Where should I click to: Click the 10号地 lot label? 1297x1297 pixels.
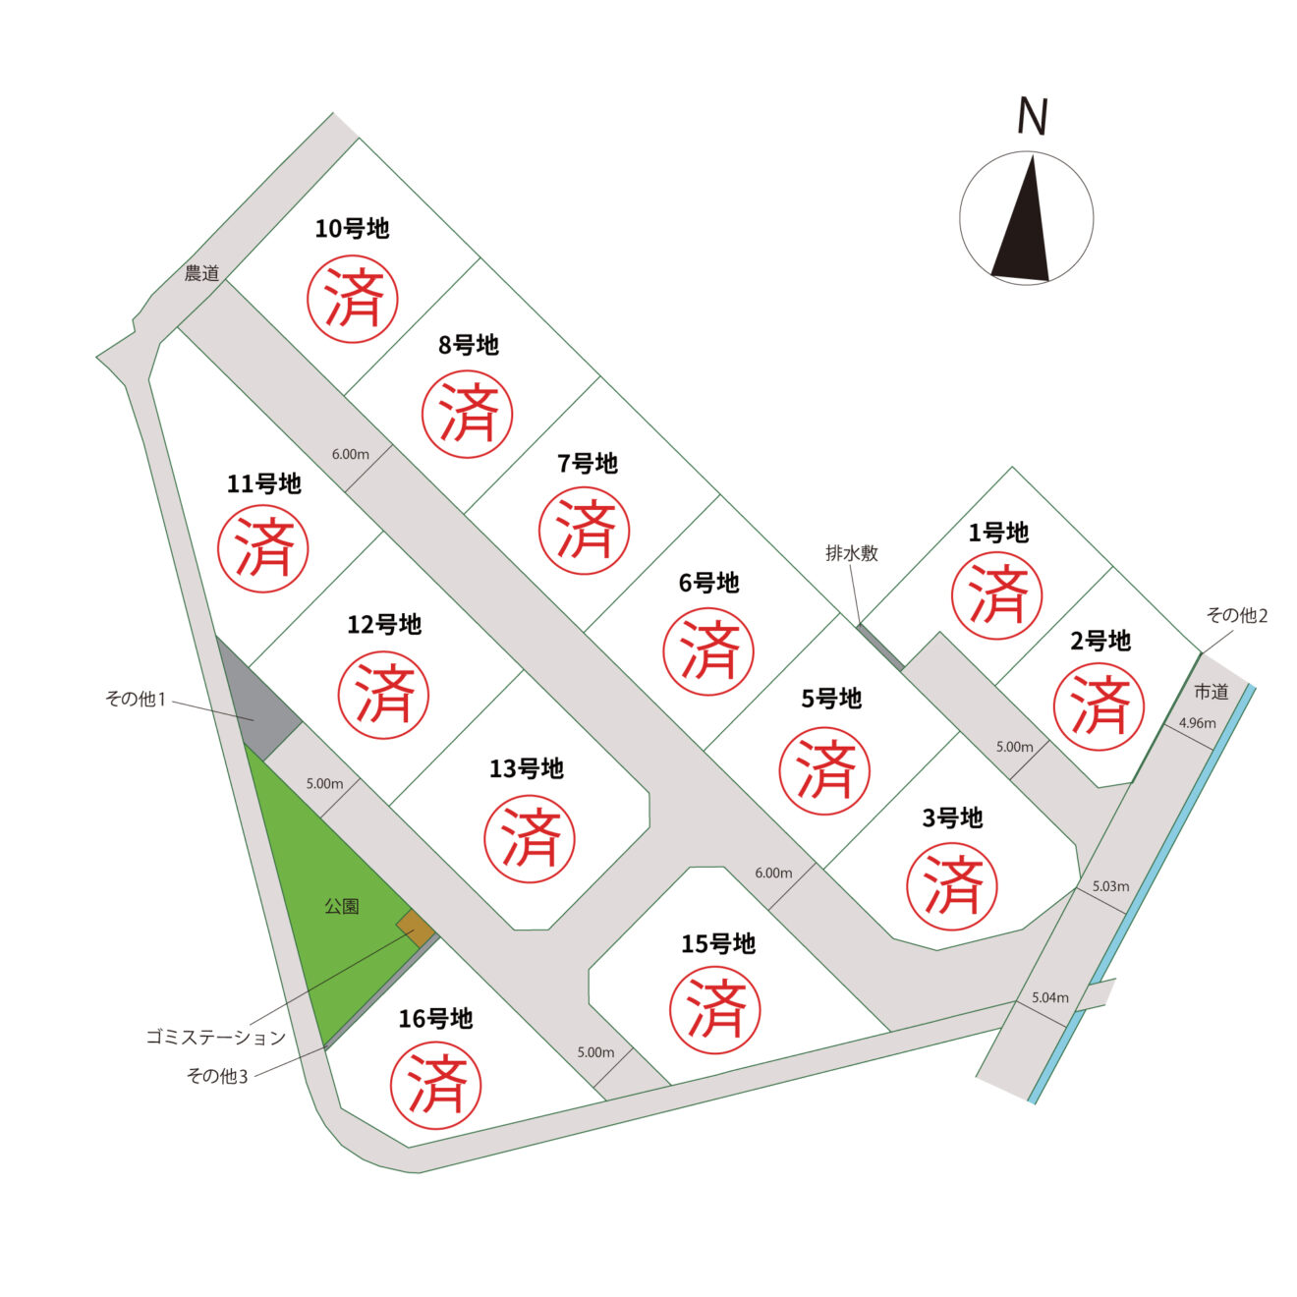click(352, 229)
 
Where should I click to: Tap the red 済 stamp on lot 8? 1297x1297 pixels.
click(467, 414)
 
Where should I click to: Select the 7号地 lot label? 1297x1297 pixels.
click(587, 464)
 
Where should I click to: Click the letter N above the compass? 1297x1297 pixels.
click(1032, 117)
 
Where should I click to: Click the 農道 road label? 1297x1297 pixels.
click(202, 273)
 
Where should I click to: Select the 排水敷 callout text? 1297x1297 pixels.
click(852, 553)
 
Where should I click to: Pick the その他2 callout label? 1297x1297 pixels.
click(1237, 615)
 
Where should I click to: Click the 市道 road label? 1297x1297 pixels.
click(1212, 691)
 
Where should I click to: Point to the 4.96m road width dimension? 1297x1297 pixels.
click(1198, 723)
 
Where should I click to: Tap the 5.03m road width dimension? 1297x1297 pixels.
click(1110, 885)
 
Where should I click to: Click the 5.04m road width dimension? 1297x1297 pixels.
click(1050, 997)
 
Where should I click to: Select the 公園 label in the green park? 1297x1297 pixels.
click(342, 907)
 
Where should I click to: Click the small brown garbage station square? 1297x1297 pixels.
click(416, 929)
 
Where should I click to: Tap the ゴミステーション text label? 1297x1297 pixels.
click(216, 1038)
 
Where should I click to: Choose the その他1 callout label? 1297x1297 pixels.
click(136, 699)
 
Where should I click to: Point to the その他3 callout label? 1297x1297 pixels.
click(217, 1076)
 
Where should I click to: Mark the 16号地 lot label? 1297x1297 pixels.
click(435, 1019)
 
